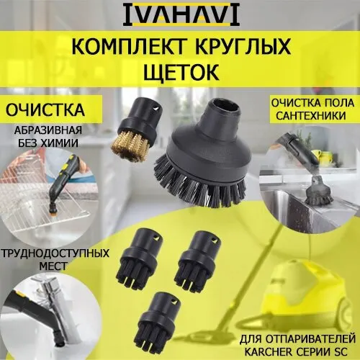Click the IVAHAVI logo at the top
(181, 15)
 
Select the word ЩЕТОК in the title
(181, 72)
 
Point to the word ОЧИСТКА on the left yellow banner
(45, 110)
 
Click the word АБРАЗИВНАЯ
(48, 130)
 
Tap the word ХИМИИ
(62, 143)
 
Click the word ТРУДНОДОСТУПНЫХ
(55, 253)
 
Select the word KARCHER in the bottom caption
(268, 352)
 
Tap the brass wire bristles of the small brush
(131, 146)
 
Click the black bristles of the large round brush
(200, 186)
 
